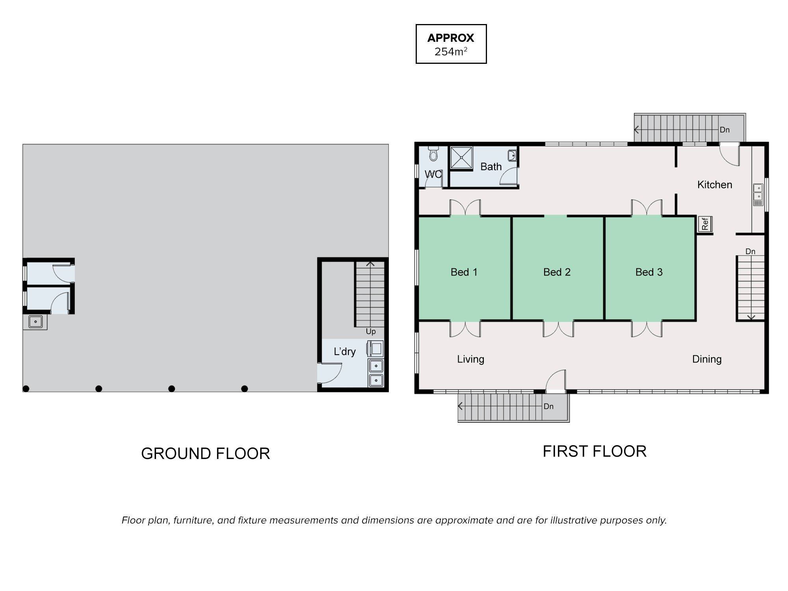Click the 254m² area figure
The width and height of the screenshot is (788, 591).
(451, 52)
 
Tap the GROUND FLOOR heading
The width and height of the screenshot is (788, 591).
(205, 453)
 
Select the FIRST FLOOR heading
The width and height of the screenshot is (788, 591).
(595, 452)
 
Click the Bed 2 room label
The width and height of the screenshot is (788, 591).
(557, 272)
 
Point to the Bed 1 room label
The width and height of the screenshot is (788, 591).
(464, 272)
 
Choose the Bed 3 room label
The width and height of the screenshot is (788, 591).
(649, 272)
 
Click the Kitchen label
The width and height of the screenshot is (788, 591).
(715, 184)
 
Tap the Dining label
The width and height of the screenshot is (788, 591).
(707, 359)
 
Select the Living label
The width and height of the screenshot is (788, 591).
(470, 359)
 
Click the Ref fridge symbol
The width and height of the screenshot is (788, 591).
(705, 224)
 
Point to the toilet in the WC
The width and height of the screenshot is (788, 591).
(433, 154)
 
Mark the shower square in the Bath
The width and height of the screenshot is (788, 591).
(461, 158)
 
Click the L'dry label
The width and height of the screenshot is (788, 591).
(345, 351)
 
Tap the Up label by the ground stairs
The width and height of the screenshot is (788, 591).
(371, 332)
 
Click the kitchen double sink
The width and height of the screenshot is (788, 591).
(758, 195)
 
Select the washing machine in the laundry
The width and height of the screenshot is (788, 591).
(375, 349)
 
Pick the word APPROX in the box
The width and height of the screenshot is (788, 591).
(451, 38)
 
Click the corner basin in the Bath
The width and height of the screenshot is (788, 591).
(512, 156)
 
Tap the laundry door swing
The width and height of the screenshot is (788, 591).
(330, 373)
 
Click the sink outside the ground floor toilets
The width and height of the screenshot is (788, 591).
(35, 322)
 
